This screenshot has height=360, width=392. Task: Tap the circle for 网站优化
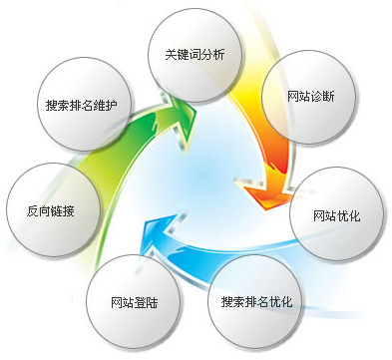[x=335, y=212]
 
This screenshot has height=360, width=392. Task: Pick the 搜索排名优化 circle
[x=255, y=299]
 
